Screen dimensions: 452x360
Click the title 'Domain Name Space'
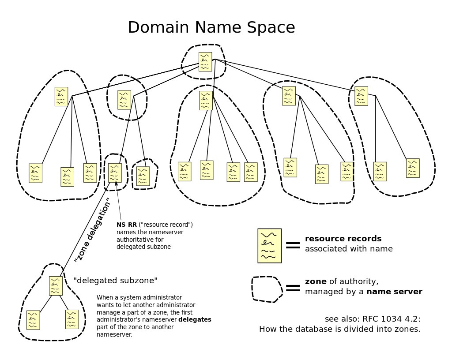coord(211,27)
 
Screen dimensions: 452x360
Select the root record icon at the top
coord(205,62)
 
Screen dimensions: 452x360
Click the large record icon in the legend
coord(270,246)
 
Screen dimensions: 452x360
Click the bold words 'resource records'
coord(343,239)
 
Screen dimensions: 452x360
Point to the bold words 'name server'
coord(394,292)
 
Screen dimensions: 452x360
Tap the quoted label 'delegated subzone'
coord(116,280)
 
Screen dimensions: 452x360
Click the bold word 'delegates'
coord(195,319)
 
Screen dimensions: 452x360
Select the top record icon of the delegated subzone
coord(56,286)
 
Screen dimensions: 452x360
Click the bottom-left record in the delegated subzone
coord(33,320)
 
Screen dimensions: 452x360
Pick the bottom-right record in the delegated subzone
coord(72,319)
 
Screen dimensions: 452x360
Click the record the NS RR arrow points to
coord(115,173)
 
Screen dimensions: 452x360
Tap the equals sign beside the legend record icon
coord(293,245)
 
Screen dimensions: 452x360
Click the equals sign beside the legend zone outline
coord(293,288)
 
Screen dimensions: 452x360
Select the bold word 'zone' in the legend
coord(316,281)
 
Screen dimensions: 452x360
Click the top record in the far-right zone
coord(361,96)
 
